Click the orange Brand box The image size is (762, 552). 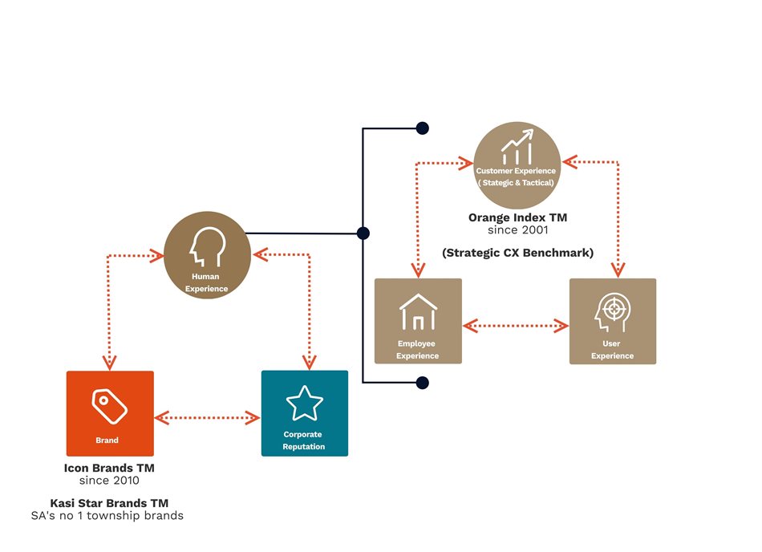tap(110, 413)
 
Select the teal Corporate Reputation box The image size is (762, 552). tap(305, 413)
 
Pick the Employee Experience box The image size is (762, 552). tap(418, 321)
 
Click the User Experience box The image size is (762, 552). tap(613, 321)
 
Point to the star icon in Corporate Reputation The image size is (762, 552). tap(305, 404)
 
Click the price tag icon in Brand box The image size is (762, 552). tap(109, 405)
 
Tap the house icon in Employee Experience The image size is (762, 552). tap(418, 310)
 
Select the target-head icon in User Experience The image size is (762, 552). tap(611, 311)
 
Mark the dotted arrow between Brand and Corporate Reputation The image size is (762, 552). tap(207, 417)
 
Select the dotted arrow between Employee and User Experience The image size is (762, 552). tap(516, 326)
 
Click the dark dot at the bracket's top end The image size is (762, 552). tap(422, 128)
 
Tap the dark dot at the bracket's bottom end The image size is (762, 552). tap(422, 383)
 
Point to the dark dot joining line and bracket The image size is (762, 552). tap(363, 233)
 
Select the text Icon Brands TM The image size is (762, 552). tap(109, 468)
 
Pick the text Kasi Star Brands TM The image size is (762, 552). tap(109, 503)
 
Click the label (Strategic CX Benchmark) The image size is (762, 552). tap(517, 253)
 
